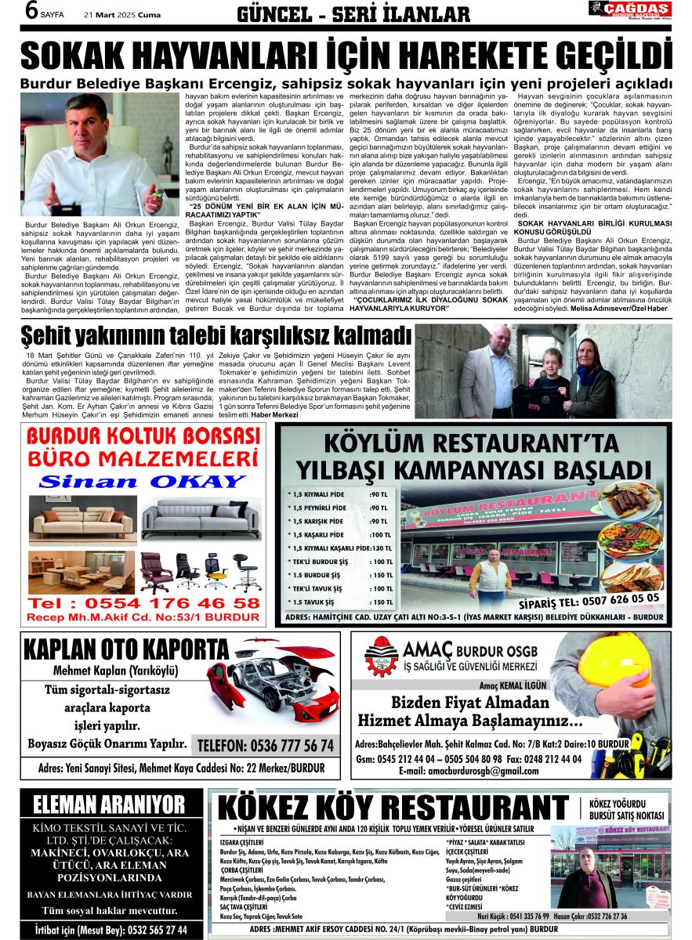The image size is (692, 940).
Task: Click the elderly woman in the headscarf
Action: pyautogui.click(x=592, y=368)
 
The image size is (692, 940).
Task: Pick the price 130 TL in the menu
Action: pyautogui.click(x=382, y=548)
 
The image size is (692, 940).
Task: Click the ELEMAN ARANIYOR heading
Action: pyautogui.click(x=109, y=805)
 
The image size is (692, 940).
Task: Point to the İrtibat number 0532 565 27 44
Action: pyautogui.click(x=111, y=930)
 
